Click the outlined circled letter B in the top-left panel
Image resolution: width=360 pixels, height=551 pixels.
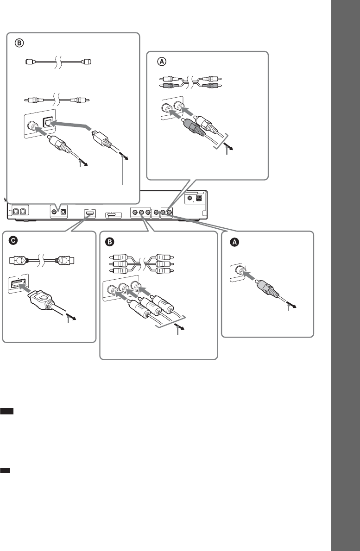(x=19, y=43)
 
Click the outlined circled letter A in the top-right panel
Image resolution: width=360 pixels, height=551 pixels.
(x=161, y=62)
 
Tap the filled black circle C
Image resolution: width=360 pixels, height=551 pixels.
(x=13, y=241)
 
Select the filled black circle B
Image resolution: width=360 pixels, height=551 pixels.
(x=110, y=242)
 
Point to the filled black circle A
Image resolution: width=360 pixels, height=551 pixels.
(x=234, y=242)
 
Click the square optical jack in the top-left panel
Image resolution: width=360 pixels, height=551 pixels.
(x=48, y=122)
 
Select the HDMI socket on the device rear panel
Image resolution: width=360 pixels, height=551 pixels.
(x=90, y=213)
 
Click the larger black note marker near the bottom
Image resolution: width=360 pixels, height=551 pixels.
(x=6, y=411)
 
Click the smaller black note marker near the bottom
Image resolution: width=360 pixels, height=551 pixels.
(x=5, y=470)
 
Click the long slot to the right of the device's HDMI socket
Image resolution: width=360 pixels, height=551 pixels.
(x=114, y=215)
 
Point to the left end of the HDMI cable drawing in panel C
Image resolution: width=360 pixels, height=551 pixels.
(x=10, y=261)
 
